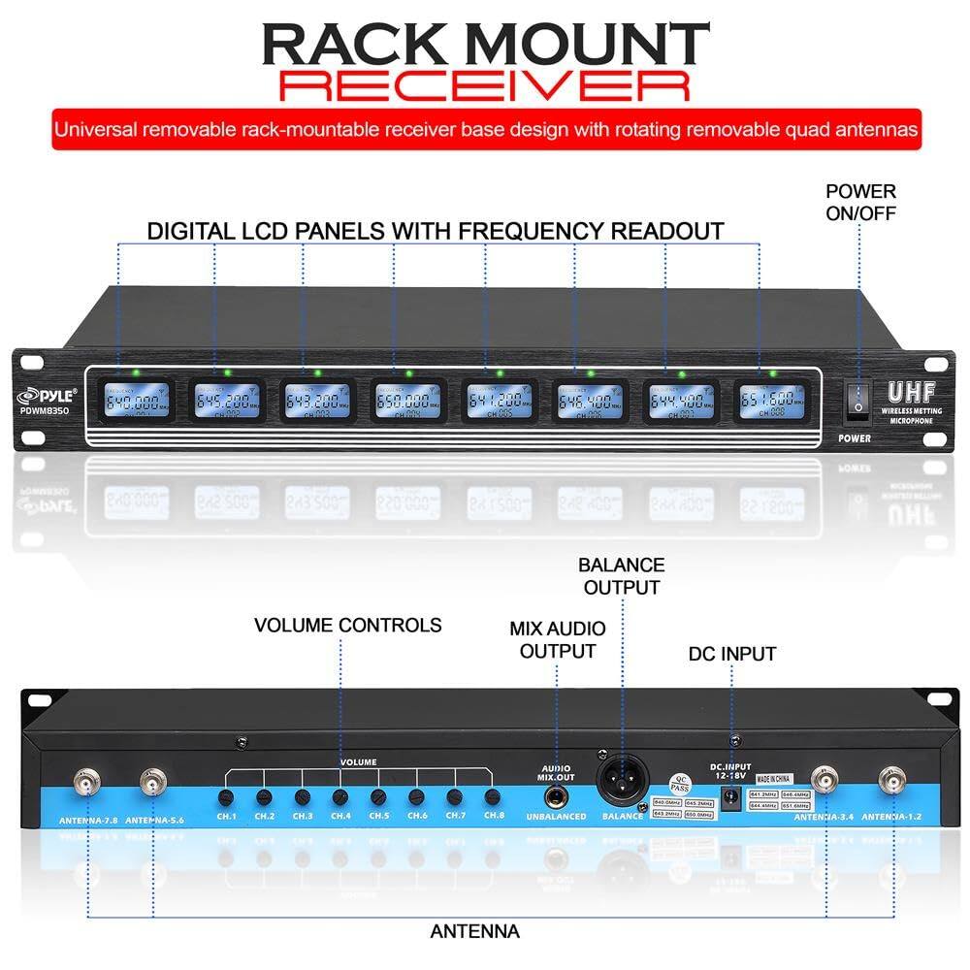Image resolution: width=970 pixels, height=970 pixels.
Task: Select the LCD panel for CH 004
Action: point(407,400)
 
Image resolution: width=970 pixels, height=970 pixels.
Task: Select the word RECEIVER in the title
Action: point(484,84)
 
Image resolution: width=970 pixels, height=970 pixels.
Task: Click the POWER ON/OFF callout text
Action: point(860,202)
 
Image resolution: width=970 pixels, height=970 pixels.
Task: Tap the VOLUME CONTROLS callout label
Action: point(348,626)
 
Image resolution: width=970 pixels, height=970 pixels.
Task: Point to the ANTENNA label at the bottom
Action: point(475,931)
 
